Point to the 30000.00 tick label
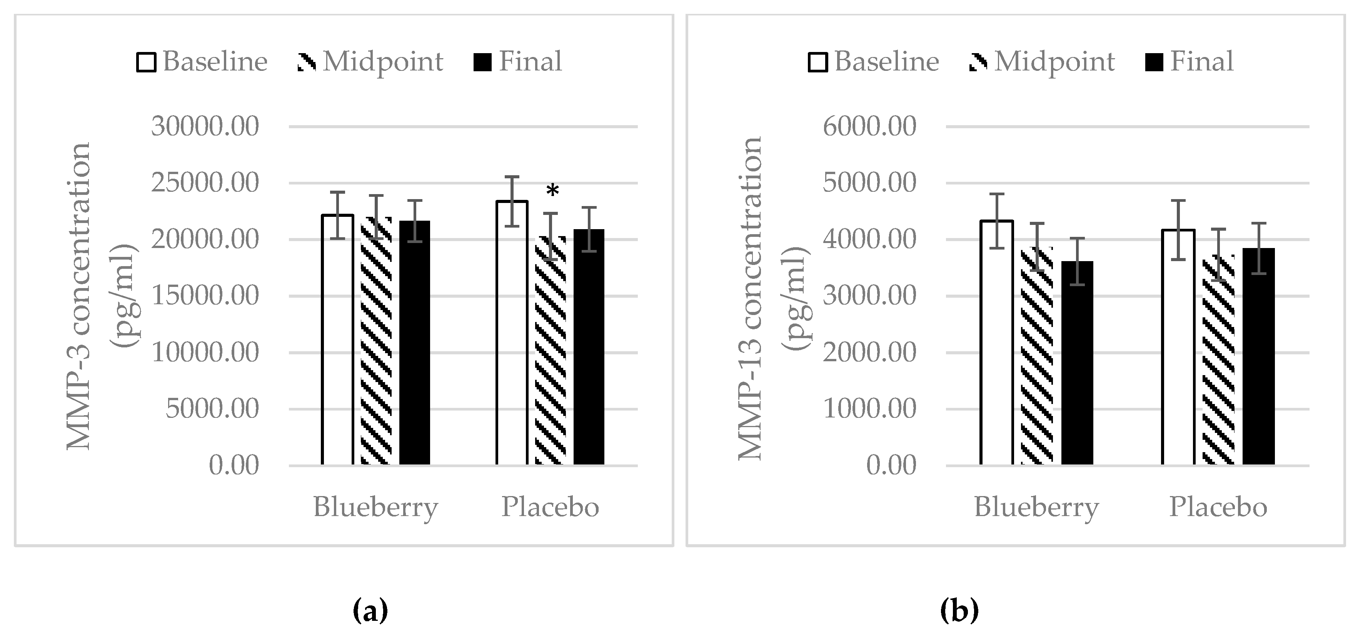205,127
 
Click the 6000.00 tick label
869,127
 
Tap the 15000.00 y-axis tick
205,296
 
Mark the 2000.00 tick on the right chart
869,352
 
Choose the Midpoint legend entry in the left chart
370,62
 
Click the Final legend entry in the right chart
1190,62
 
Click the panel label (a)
370,611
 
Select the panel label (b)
959,611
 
